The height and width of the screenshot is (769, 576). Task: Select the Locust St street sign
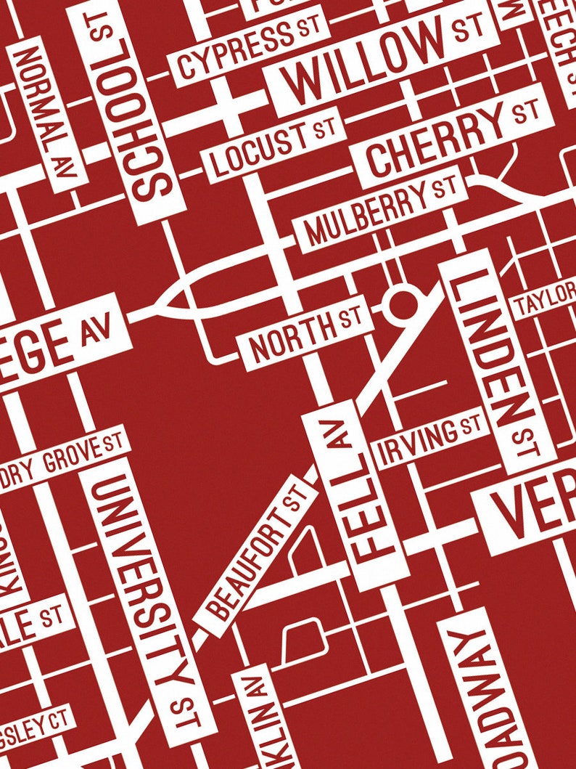click(272, 148)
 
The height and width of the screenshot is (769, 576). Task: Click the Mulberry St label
click(377, 211)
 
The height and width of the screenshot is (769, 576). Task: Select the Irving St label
click(431, 440)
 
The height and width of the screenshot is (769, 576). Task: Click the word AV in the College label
click(97, 332)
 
